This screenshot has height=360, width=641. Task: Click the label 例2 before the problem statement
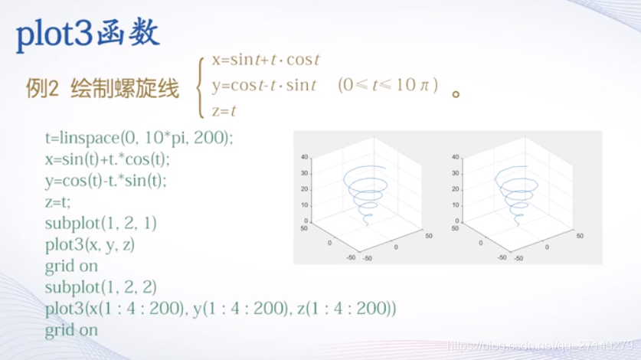pyautogui.click(x=42, y=90)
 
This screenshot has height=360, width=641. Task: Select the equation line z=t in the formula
pyautogui.click(x=224, y=110)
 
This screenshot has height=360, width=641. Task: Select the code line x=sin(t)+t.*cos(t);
pyautogui.click(x=107, y=159)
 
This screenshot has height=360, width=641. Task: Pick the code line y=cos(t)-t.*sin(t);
pyautogui.click(x=106, y=181)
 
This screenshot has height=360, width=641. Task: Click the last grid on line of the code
pyautogui.click(x=71, y=330)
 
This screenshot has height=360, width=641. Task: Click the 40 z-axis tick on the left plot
pyautogui.click(x=305, y=157)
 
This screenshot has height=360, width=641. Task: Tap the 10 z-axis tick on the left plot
pyautogui.click(x=305, y=205)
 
